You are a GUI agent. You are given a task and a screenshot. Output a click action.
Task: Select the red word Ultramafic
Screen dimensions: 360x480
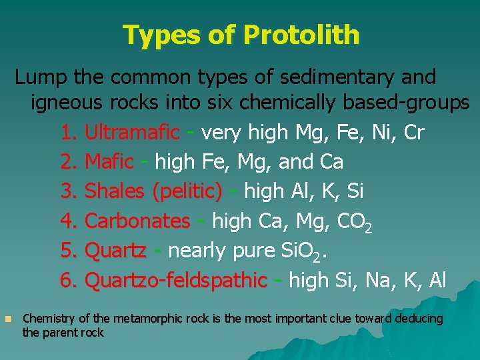(x=133, y=133)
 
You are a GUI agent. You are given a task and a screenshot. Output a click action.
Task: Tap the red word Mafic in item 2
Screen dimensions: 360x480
(x=109, y=162)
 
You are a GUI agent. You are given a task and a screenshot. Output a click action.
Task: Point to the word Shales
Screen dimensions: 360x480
(x=115, y=191)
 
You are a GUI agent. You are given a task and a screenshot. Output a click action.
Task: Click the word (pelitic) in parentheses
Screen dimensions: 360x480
(x=187, y=191)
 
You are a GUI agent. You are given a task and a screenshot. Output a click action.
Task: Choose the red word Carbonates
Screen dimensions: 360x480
(x=137, y=221)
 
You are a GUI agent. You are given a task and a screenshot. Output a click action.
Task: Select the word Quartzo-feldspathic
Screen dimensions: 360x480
(x=176, y=280)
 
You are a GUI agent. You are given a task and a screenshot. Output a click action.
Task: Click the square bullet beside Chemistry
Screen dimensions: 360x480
(x=7, y=319)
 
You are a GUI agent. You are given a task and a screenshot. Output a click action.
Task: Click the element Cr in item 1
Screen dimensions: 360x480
(x=413, y=133)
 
